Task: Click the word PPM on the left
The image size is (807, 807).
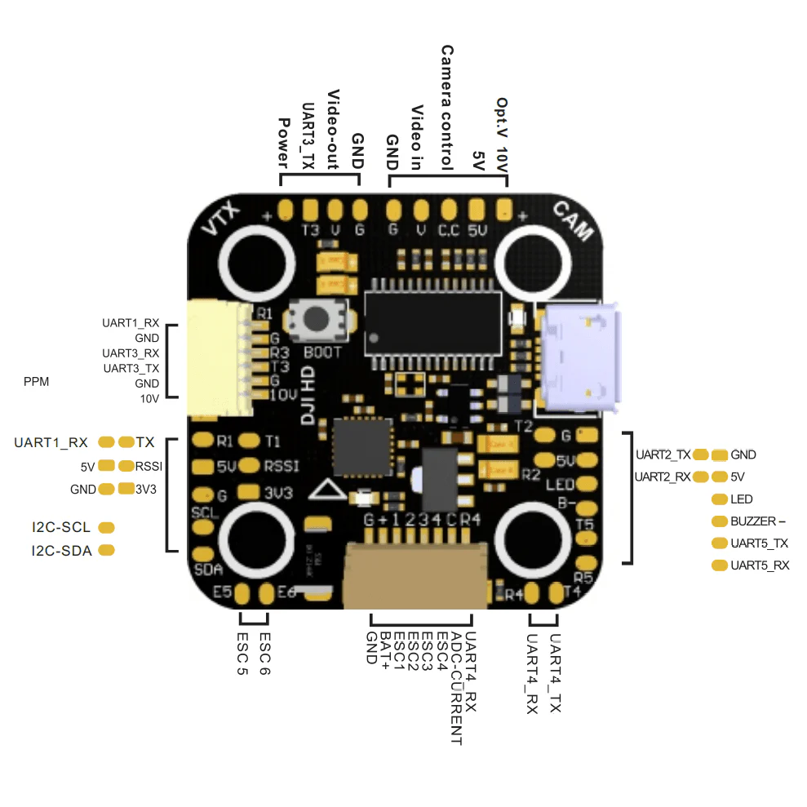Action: [37, 381]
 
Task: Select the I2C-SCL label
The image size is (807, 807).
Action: [61, 527]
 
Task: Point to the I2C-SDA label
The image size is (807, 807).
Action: [61, 551]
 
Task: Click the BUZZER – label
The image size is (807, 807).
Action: [758, 521]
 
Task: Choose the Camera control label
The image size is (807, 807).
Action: [447, 107]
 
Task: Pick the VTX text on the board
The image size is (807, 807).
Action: [221, 220]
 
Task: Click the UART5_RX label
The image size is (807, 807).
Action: [760, 565]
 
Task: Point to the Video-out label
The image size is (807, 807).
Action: [333, 130]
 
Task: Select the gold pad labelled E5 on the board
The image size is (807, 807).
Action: [242, 595]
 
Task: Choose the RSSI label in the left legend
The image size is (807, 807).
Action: [149, 466]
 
